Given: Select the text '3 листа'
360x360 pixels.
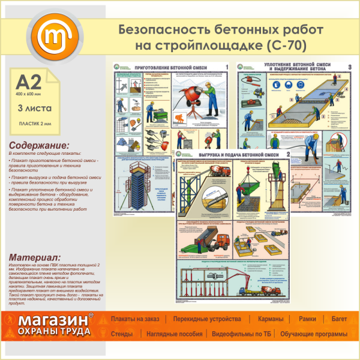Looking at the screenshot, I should point(35,108).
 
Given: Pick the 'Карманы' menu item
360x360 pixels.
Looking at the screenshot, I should point(271,319).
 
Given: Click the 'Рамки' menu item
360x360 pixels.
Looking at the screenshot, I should point(307,319).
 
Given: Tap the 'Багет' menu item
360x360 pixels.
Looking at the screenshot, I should point(339,319).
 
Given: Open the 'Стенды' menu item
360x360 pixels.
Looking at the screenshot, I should point(122,334).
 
